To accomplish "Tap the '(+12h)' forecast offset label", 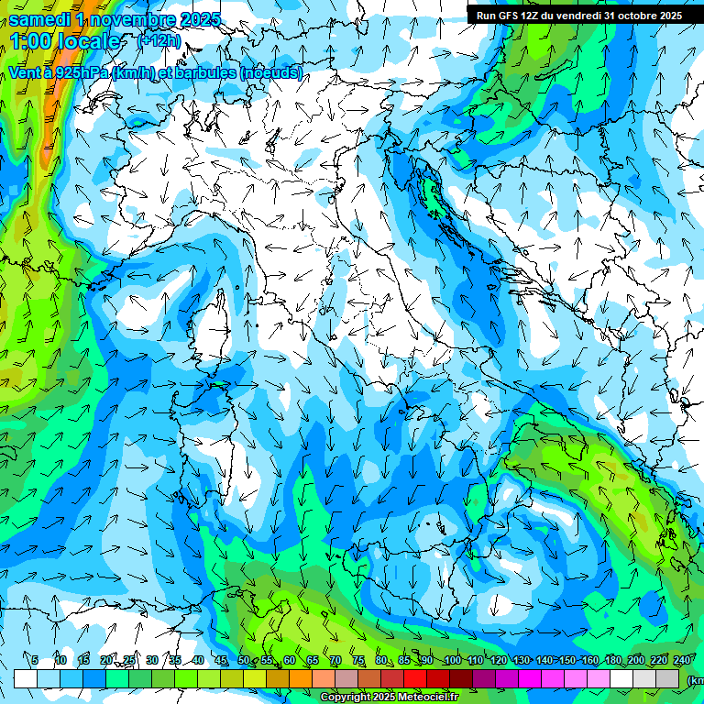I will pyautogui.click(x=159, y=40).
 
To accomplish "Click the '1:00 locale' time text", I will pyautogui.click(x=64, y=41).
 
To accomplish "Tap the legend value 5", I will pyautogui.click(x=35, y=660).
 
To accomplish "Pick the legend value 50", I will pyautogui.click(x=243, y=660).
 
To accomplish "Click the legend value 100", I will pyautogui.click(x=452, y=660).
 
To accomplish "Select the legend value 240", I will pyautogui.click(x=682, y=660).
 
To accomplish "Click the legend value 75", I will pyautogui.click(x=358, y=660).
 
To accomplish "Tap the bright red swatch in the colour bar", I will pyautogui.click(x=415, y=678).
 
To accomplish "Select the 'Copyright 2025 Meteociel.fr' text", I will pyautogui.click(x=390, y=698).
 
